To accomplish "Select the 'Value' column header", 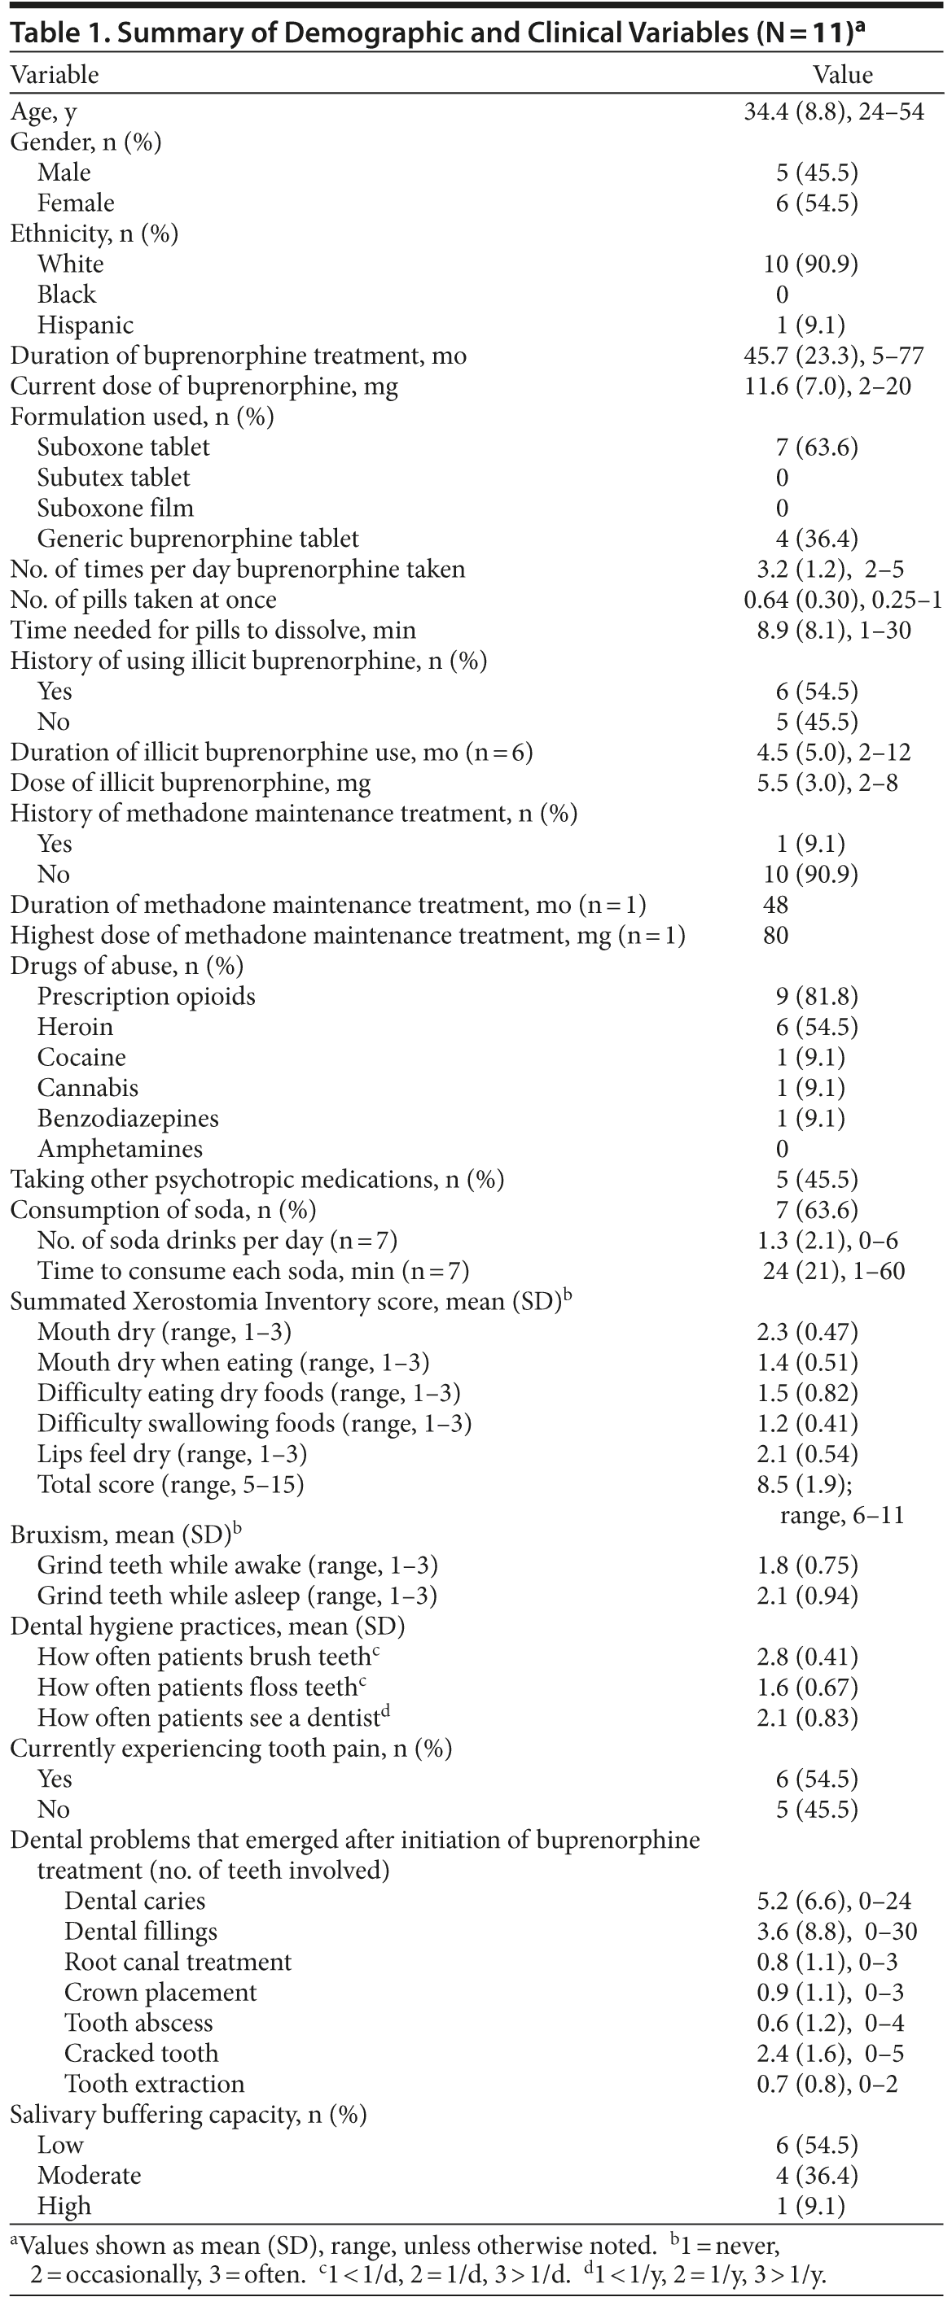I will [842, 74].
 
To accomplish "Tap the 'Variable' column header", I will [55, 74].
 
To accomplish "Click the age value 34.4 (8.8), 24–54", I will [833, 111].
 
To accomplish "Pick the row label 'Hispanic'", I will [85, 325].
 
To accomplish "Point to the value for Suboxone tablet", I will [816, 447].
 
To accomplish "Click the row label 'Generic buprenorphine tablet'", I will [197, 539].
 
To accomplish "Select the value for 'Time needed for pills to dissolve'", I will [833, 631].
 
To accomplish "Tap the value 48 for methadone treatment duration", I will [775, 905].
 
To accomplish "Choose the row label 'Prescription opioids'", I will [146, 996].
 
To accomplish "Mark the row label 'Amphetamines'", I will [120, 1149].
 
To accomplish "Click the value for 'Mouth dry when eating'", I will [806, 1363].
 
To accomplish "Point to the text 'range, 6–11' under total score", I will [841, 1515].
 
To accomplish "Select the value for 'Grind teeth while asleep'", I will [806, 1596].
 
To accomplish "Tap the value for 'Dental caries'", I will [833, 1901].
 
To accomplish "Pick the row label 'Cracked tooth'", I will [141, 2054].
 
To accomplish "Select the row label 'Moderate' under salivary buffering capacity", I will [90, 2176].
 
